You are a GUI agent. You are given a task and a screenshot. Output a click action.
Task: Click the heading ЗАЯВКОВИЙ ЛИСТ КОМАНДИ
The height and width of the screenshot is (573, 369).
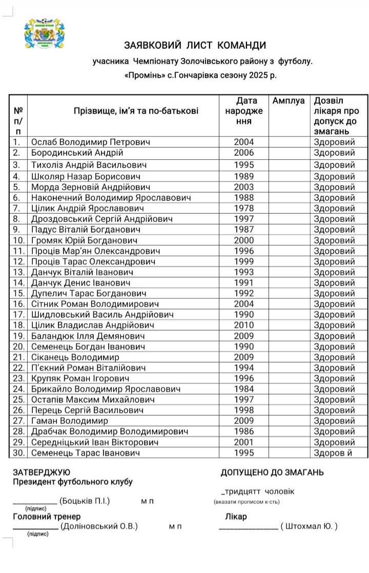195,45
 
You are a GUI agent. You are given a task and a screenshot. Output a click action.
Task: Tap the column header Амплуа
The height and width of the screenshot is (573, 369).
289,101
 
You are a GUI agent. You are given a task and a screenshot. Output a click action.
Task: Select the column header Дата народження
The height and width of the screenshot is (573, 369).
243,111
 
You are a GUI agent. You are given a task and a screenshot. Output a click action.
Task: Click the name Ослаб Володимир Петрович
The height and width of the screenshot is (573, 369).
91,142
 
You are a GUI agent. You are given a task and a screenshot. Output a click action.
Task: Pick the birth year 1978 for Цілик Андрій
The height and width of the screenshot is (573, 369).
243,208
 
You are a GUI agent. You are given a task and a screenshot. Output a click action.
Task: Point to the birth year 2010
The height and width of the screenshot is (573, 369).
243,325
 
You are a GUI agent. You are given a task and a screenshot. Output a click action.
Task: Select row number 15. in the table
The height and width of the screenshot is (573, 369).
19,293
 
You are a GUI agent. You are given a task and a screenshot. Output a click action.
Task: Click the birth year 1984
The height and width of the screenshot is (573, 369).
243,389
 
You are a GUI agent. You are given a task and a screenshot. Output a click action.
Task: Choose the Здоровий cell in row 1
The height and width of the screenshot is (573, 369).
334,142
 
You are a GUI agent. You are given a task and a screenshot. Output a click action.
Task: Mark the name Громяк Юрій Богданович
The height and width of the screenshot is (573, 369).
84,240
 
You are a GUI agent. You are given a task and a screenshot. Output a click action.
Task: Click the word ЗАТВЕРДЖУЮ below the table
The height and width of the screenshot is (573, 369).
42,473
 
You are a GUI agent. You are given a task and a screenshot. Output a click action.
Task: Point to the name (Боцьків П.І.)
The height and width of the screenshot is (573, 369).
85,501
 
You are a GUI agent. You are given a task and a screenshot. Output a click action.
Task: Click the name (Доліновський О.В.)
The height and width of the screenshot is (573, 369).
99,526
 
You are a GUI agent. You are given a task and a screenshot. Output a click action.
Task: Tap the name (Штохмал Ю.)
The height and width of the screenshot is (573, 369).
309,526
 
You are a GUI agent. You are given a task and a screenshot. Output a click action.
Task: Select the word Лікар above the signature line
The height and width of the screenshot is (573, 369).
236,517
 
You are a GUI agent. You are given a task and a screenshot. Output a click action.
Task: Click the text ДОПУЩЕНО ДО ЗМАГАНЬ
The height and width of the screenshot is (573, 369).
272,473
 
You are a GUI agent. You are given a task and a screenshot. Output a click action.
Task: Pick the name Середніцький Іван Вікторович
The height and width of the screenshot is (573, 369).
95,442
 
